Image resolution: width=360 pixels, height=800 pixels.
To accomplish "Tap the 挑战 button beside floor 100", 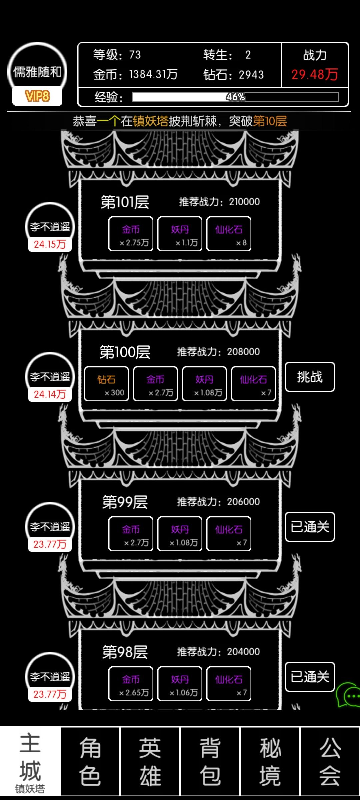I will click(310, 377).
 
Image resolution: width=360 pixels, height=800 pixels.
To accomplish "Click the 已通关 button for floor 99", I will click(310, 527).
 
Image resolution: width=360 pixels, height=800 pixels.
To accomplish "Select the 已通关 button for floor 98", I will click(310, 677).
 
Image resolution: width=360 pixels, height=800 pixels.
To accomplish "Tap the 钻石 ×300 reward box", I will click(106, 384).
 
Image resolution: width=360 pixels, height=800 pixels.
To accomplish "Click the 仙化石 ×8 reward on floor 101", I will click(229, 234).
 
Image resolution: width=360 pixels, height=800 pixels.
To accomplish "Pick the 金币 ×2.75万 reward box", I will click(131, 234).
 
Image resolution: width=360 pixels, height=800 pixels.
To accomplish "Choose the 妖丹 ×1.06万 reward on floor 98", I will click(180, 684).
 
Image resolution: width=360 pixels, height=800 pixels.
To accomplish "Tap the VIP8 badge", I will click(37, 96).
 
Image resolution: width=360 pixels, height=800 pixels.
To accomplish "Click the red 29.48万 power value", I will click(315, 74).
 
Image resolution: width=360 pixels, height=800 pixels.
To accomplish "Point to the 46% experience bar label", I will click(236, 97).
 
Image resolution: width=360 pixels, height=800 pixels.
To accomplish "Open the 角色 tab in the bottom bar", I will click(90, 762).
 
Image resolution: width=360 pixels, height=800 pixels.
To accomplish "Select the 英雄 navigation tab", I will click(150, 762).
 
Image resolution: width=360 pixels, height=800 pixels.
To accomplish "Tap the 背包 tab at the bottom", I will click(210, 762).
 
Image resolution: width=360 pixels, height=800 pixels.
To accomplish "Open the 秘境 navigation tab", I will click(270, 762).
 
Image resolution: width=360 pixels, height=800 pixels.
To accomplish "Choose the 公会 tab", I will click(330, 762).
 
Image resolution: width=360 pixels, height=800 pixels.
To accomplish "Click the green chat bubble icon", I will click(349, 695).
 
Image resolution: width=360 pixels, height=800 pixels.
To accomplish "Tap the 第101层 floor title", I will click(125, 202).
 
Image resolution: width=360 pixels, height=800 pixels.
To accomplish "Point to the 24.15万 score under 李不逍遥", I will click(50, 244).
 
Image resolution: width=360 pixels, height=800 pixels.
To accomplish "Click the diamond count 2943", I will click(251, 75).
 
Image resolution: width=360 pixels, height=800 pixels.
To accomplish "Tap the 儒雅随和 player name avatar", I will click(37, 72).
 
